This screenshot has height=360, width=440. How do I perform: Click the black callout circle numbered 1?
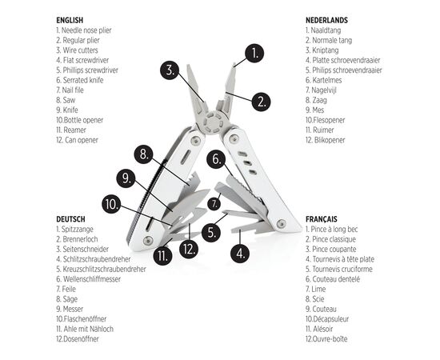(x=254, y=54)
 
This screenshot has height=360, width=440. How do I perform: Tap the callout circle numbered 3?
(x=168, y=69)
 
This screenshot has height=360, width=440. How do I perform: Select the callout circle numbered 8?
(x=143, y=154)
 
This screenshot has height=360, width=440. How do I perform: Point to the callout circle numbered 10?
(x=113, y=204)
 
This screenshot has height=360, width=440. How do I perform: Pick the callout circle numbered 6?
(x=214, y=158)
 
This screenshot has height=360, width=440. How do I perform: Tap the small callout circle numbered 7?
(x=214, y=204)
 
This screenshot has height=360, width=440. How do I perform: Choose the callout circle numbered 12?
(x=189, y=249)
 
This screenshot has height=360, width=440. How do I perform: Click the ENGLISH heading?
(x=70, y=19)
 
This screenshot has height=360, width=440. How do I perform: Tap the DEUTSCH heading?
(x=70, y=218)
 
